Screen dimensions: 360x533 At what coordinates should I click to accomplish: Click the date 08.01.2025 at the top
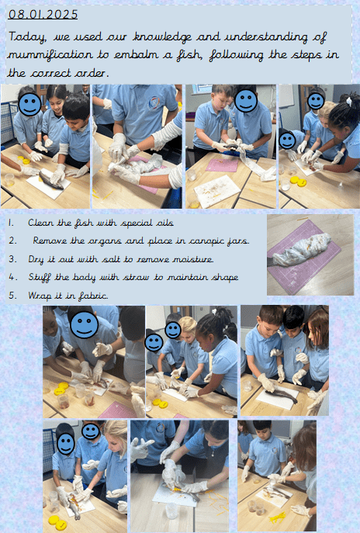43,14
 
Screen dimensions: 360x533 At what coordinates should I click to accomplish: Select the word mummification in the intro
50,55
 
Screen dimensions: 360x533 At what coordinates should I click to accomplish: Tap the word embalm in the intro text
135,55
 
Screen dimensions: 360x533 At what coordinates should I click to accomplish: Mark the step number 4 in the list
12,278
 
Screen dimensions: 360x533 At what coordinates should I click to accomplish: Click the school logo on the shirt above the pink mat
154,103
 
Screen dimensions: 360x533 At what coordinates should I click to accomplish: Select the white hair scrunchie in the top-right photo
348,101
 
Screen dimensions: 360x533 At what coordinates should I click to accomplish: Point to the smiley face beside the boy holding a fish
246,101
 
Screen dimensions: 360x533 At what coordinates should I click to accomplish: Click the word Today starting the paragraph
27,37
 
